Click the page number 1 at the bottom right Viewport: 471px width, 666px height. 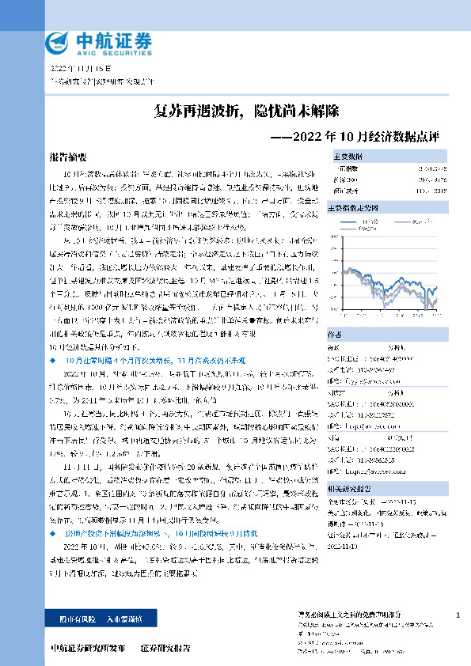458,615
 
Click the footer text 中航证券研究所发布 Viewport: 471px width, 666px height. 87,648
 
